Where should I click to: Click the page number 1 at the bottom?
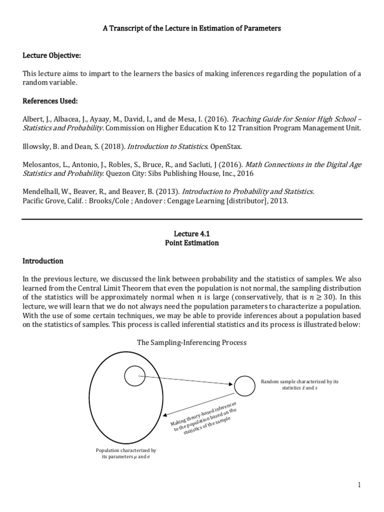pos(359,484)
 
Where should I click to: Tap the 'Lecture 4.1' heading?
pos(192,233)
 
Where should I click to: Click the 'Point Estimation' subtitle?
pos(192,242)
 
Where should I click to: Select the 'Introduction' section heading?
pos(43,261)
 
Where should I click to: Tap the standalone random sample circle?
pos(243,385)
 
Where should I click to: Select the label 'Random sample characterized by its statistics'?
pos(299,384)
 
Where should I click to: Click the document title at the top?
pos(192,28)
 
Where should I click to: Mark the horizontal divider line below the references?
pos(192,219)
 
